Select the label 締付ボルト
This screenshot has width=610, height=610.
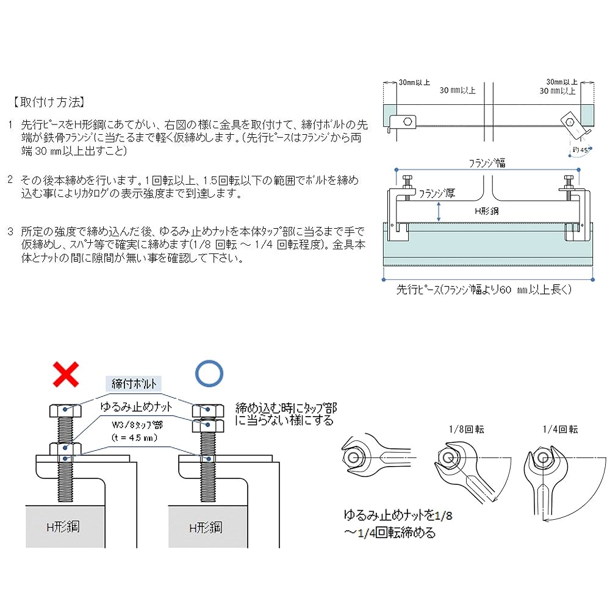pos(135,384)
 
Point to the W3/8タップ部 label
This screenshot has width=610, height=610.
pos(138,426)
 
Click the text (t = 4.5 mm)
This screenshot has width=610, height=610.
pos(135,437)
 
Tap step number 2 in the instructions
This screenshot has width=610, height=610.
pos(10,180)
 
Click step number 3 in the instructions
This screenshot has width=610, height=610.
pos(10,232)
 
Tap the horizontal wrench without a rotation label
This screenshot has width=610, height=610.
pos(372,457)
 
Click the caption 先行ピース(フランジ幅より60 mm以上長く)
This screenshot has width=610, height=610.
pos(486,290)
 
